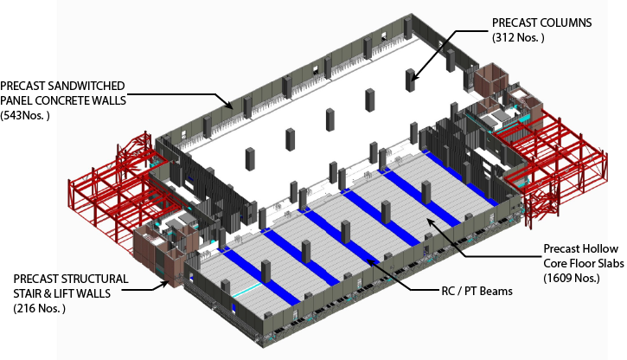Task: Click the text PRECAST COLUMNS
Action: [x=542, y=22]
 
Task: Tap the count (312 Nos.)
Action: [x=518, y=37]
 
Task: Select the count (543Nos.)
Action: [x=25, y=116]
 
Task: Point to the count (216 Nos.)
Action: [x=40, y=308]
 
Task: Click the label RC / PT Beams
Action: [x=477, y=291]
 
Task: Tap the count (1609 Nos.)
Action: [x=572, y=278]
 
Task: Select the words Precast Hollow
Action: [x=580, y=249]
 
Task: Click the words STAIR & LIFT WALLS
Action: [x=62, y=293]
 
